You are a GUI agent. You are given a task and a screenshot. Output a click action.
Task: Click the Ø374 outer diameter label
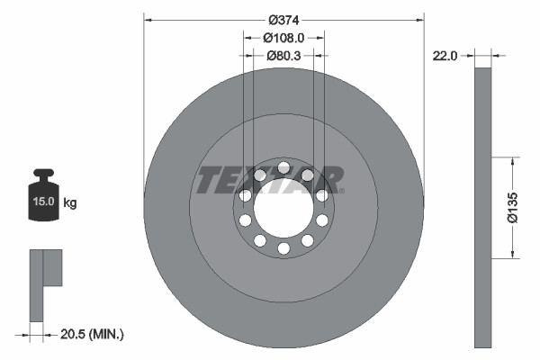coord(283,20)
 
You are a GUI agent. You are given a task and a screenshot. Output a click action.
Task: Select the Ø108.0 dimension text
coord(283,38)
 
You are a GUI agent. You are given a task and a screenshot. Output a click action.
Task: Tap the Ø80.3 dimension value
coord(283,56)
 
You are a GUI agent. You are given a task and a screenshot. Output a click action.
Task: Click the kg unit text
coord(70,203)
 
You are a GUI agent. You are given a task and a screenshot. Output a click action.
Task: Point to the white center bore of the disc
coord(283,208)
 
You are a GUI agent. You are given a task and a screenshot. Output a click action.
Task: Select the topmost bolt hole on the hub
coord(283,167)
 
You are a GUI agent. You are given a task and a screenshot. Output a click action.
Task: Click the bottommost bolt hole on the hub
coord(283,248)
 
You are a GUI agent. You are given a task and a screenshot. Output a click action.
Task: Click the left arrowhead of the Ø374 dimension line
coord(148,20)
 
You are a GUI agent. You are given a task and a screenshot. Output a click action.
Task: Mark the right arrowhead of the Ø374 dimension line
coord(419,20)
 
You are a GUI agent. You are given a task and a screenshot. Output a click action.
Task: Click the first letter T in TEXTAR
coord(206,180)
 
